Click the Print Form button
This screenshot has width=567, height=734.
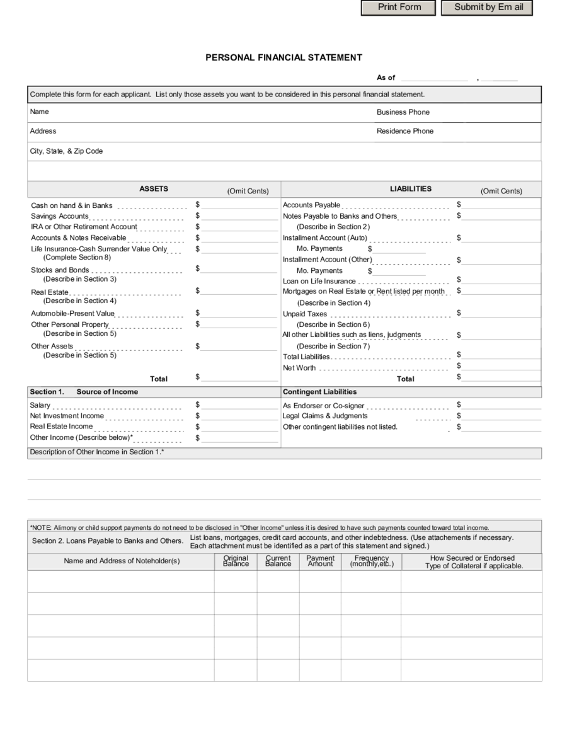[x=399, y=8]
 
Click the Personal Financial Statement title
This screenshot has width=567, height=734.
[x=283, y=57]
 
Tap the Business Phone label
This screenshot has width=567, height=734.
[x=403, y=112]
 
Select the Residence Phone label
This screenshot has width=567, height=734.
[x=405, y=131]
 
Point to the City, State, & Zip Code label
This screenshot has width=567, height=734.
[x=66, y=151]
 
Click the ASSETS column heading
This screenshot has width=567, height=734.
[x=154, y=189]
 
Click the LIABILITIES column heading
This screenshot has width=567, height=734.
[x=411, y=189]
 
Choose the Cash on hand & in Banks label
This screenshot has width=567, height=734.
[x=72, y=205]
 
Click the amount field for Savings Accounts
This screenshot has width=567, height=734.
[x=239, y=215]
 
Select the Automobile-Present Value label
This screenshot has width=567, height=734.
[x=73, y=313]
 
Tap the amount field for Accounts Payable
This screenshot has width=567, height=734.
[x=501, y=204]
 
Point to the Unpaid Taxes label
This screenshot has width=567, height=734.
[x=305, y=314]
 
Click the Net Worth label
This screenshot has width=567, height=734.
[x=299, y=368]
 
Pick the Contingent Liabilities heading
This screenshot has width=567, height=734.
[x=319, y=392]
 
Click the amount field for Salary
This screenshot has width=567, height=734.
[x=239, y=405]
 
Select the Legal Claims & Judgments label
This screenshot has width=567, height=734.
[x=324, y=416]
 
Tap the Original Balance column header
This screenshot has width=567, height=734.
[x=236, y=561]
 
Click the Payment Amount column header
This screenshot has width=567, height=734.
[x=320, y=561]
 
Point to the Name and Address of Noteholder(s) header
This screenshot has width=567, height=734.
[x=122, y=561]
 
